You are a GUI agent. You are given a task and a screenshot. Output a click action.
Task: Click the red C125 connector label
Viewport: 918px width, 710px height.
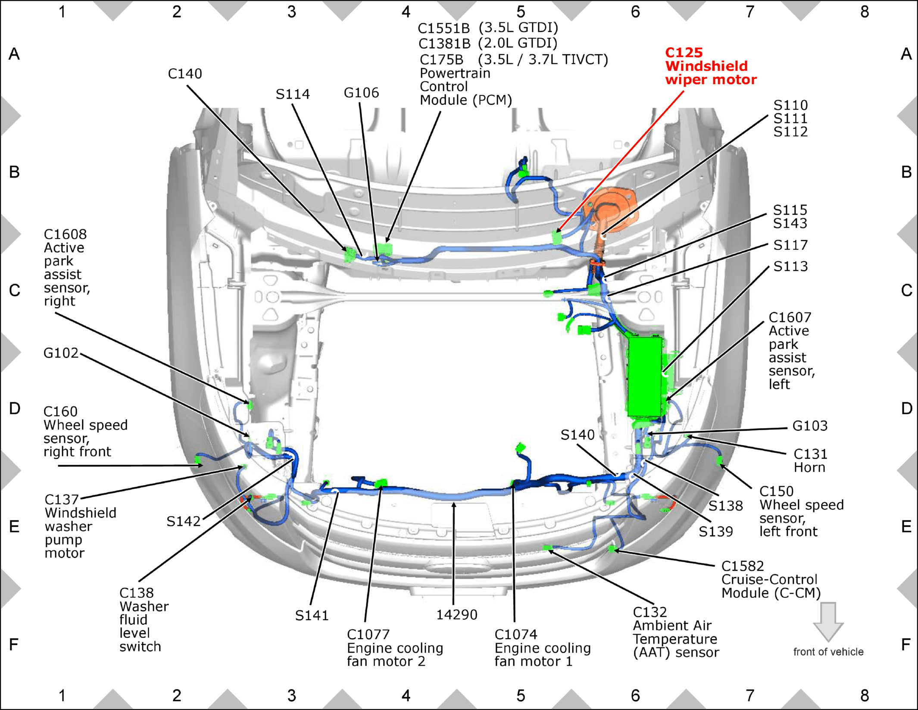click(684, 53)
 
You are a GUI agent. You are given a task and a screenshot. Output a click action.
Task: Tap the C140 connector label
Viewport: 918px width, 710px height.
click(185, 74)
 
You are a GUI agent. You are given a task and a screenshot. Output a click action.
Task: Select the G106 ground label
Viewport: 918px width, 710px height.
click(361, 93)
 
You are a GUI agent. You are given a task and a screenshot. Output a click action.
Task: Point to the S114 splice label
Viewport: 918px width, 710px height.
click(293, 94)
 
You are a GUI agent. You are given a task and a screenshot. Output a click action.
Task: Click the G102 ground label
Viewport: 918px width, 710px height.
click(61, 353)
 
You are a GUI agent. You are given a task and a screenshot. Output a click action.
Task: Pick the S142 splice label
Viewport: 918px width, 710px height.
click(184, 522)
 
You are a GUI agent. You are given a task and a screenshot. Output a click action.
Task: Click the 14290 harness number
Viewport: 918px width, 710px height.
click(457, 615)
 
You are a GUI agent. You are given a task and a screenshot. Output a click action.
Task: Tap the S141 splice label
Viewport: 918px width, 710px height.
click(312, 616)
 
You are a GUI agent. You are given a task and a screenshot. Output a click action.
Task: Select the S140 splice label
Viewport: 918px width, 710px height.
click(578, 435)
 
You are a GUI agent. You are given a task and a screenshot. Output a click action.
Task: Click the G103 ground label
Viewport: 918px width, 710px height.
click(810, 426)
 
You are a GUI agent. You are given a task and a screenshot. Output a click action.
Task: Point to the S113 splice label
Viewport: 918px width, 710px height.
click(790, 266)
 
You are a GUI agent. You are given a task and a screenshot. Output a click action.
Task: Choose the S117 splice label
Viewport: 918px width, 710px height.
click(790, 245)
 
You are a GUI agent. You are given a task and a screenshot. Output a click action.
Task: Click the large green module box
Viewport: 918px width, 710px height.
click(645, 377)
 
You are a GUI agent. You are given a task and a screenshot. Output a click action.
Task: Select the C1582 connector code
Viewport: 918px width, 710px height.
click(743, 566)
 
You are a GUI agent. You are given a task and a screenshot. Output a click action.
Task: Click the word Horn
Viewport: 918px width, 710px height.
click(809, 468)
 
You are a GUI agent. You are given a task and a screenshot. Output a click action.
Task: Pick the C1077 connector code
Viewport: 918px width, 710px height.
click(368, 635)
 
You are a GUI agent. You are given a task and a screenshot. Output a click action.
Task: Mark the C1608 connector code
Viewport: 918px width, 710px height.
click(65, 235)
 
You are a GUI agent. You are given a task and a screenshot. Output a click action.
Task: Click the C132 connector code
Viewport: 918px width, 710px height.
click(650, 612)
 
